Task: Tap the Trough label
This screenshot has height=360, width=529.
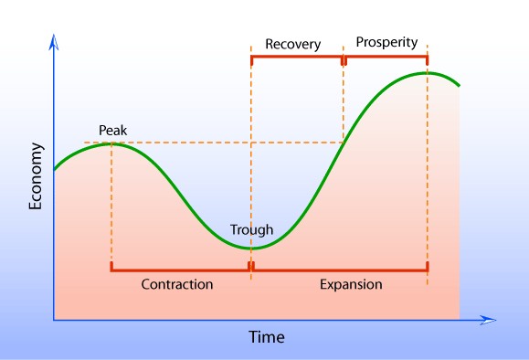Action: pyautogui.click(x=251, y=229)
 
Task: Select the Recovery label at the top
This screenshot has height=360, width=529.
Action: pyautogui.click(x=292, y=43)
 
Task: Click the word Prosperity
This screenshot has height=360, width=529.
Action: pyautogui.click(x=386, y=42)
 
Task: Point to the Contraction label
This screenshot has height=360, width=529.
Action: pyautogui.click(x=177, y=284)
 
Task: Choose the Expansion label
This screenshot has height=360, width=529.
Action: pyautogui.click(x=351, y=284)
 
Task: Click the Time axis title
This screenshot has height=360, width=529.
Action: pyautogui.click(x=267, y=337)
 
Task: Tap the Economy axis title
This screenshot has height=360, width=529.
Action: pyautogui.click(x=36, y=176)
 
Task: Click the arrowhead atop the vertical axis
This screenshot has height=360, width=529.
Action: pyautogui.click(x=54, y=43)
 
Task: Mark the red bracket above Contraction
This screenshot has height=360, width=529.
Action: pyautogui.click(x=180, y=269)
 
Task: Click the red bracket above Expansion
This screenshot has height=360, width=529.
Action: pyautogui.click(x=340, y=269)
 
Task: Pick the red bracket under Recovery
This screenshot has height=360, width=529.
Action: pyautogui.click(x=297, y=58)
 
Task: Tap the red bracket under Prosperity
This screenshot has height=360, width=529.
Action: pyautogui.click(x=386, y=58)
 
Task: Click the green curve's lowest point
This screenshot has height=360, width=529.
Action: pyautogui.click(x=251, y=248)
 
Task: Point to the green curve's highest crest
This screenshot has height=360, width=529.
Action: pyautogui.click(x=427, y=72)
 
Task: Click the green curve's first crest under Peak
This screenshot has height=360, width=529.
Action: pyautogui.click(x=111, y=143)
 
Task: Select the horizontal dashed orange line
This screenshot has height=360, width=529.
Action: pyautogui.click(x=219, y=143)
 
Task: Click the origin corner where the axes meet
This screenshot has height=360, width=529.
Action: pyautogui.click(x=54, y=320)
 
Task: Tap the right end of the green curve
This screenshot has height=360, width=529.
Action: pyautogui.click(x=459, y=86)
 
